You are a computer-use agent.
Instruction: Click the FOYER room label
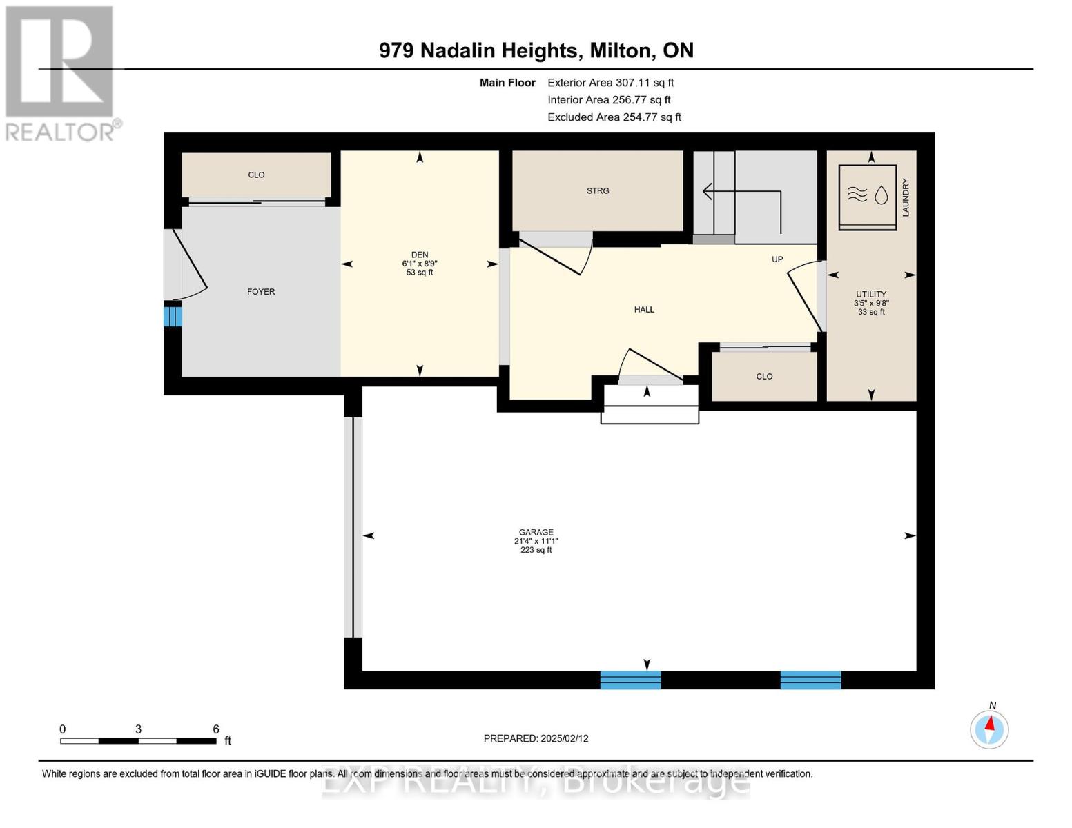260,291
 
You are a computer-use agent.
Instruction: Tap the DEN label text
419,255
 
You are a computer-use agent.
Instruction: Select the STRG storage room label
597,191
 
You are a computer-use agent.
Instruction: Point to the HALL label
644,309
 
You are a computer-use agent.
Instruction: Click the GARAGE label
536,532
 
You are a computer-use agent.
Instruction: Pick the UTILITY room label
870,294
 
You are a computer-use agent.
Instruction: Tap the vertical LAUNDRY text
905,198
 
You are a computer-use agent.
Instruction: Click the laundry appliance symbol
867,197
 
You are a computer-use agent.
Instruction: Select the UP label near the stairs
777,259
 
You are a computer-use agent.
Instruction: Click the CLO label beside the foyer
256,175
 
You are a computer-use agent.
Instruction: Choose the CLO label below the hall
764,376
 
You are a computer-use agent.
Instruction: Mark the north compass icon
989,729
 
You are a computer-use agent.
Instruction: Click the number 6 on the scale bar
215,729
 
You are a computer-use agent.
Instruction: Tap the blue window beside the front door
173,316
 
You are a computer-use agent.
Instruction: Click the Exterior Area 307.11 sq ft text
610,83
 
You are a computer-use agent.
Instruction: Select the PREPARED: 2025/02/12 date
536,738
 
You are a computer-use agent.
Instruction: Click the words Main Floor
507,83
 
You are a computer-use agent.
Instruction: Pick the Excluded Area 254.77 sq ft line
614,117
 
